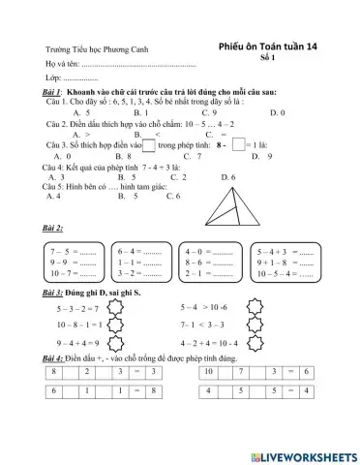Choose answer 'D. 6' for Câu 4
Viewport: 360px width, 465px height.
click(228, 177)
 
